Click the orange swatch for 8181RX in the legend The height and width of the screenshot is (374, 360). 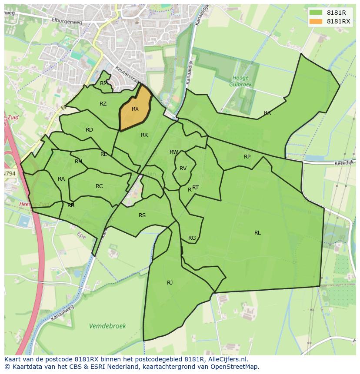tap(316, 21)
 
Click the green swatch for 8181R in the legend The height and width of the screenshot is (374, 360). tap(316, 13)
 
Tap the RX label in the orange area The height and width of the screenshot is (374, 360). tap(135, 109)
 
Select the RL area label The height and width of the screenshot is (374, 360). tap(257, 233)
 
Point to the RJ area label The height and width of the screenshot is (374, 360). tap(170, 283)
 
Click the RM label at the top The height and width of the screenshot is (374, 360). tap(104, 83)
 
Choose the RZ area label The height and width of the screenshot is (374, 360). tap(103, 104)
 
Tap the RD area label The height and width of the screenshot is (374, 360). tap(89, 130)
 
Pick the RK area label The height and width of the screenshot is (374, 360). tap(144, 135)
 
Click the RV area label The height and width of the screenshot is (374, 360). tap(183, 169)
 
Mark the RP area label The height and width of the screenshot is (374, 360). tap(247, 157)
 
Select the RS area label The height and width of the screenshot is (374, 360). tap(142, 215)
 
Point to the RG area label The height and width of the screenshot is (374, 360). tap(192, 238)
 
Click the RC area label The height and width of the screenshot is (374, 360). tap(99, 186)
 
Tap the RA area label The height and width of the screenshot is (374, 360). tap(61, 179)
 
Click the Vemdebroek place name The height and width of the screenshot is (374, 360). tap(107, 326)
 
